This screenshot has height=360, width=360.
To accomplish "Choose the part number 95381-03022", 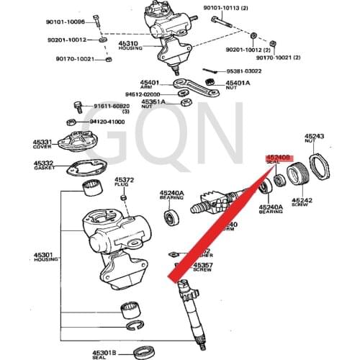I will [243, 71].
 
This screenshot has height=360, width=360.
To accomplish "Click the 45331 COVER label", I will [44, 143].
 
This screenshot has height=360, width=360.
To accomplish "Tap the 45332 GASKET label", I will [45, 166].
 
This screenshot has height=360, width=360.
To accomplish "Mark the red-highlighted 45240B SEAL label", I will [278, 158].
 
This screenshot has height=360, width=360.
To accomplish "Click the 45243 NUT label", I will [314, 138].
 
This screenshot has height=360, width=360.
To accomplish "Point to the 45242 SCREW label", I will [302, 202].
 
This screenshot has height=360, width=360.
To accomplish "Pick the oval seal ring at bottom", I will [148, 352].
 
